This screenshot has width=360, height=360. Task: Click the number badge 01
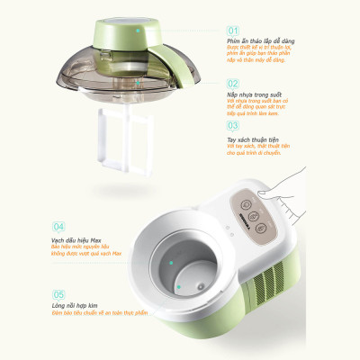coord(232,30)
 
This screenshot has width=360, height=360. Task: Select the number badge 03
coord(232,127)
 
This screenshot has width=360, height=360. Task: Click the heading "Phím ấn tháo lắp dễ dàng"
coord(263,41)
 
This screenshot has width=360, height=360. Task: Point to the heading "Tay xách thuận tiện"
coord(256,139)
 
